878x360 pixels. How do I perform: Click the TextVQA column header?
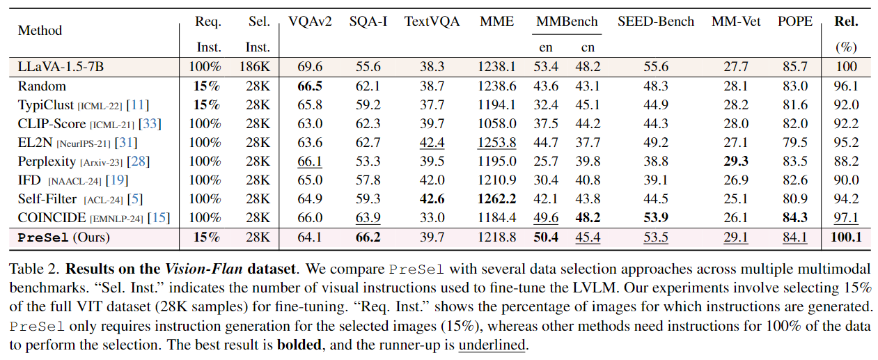pyautogui.click(x=432, y=22)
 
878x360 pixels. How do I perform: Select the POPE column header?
pyautogui.click(x=795, y=22)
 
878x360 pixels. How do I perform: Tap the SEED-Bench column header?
pyautogui.click(x=656, y=22)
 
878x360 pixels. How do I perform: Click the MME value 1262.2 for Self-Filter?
pyautogui.click(x=497, y=199)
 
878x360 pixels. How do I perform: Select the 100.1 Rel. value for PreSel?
pyautogui.click(x=846, y=237)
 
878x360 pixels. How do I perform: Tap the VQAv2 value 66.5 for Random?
pyautogui.click(x=309, y=86)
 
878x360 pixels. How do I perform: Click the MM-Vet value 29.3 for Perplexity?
pyautogui.click(x=730, y=162)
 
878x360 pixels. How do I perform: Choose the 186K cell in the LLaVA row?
pyautogui.click(x=259, y=67)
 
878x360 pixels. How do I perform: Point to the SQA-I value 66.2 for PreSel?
pyautogui.click(x=368, y=237)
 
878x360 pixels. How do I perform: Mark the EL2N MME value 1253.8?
pyautogui.click(x=497, y=143)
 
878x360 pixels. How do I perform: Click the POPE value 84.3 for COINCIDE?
pyautogui.click(x=795, y=218)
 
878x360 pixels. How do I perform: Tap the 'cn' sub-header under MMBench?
pyautogui.click(x=588, y=48)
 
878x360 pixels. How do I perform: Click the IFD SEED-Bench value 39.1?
pyautogui.click(x=656, y=180)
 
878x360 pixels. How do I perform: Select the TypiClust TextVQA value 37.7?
pyautogui.click(x=432, y=105)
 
